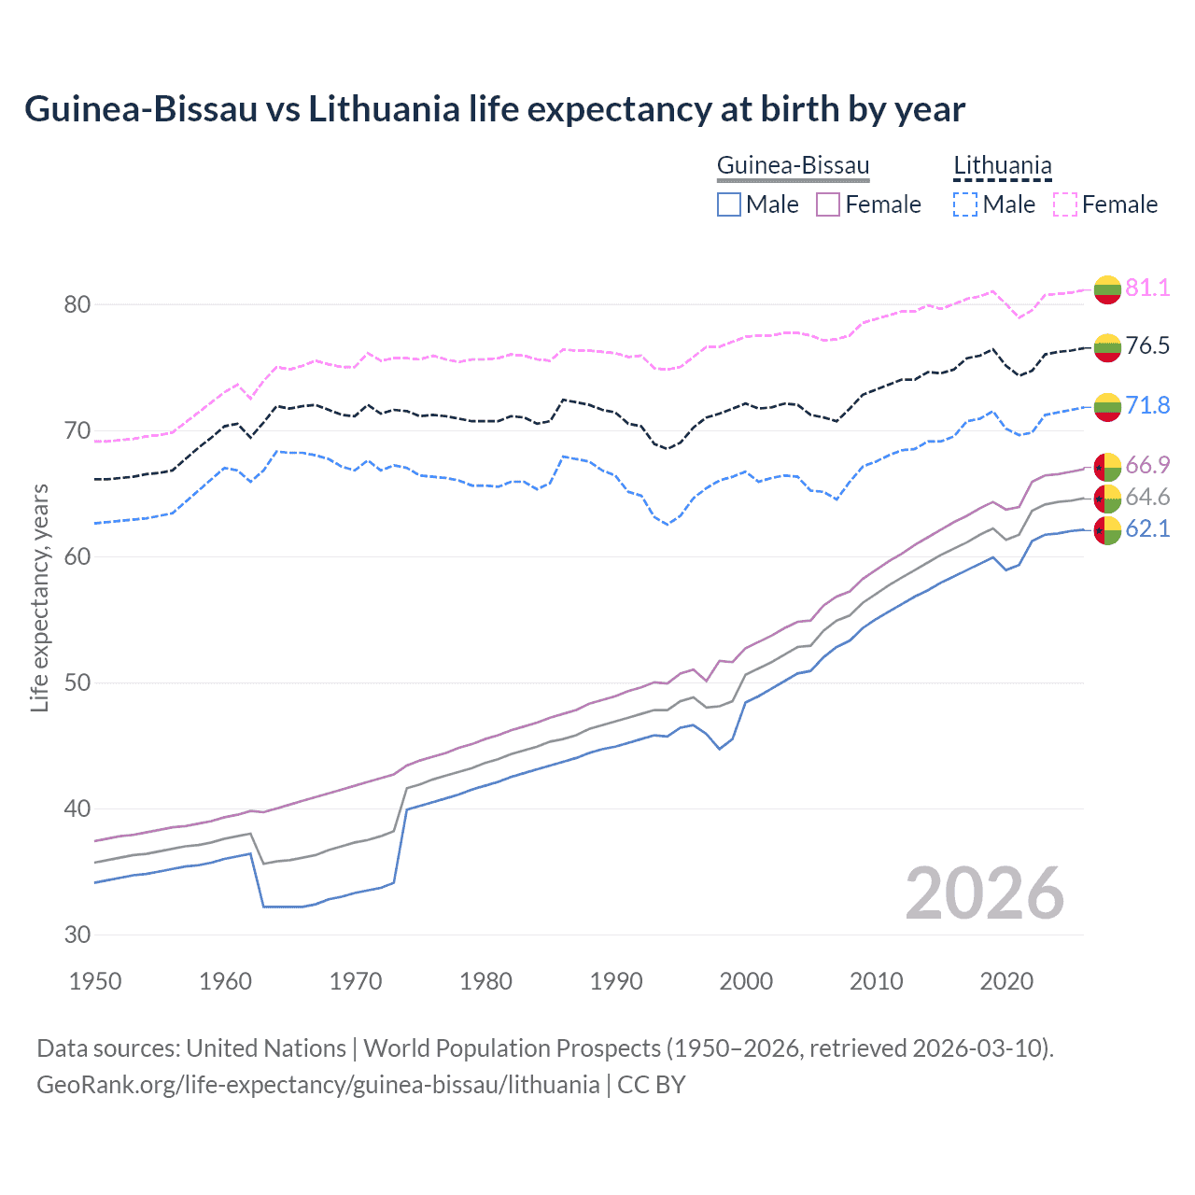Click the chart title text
495,109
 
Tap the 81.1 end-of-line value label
1147,288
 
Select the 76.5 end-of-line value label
1147,345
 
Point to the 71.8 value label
1147,405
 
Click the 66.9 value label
1147,465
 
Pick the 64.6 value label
1147,497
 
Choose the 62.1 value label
1147,528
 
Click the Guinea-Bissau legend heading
793,166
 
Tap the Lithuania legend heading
1002,166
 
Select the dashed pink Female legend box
1065,204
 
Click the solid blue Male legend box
729,204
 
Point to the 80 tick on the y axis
77,304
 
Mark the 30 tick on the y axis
77,935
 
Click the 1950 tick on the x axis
95,981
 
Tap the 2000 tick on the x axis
746,981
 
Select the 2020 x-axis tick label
1006,981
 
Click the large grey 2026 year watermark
984,893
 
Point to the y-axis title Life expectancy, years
39,598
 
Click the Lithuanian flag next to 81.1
1107,289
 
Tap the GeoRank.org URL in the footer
317,1085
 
